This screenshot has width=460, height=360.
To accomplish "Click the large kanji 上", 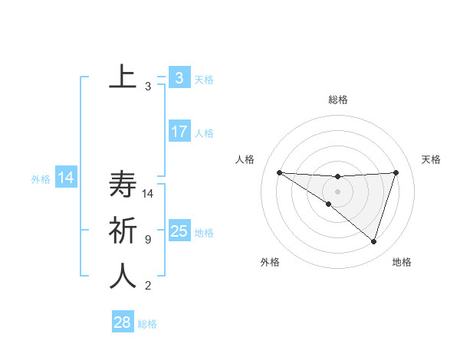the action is coord(123,76).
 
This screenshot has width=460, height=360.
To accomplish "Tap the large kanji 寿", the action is coord(123,185).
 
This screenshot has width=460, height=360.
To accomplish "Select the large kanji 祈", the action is coord(123,231).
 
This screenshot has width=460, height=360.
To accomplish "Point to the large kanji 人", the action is coord(123,277).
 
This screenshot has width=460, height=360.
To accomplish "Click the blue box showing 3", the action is coord(179,78).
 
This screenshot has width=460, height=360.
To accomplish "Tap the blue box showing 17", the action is coord(179,132).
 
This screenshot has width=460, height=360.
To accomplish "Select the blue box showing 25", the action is coord(179,231).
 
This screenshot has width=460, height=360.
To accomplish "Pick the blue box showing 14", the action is coord(65,178).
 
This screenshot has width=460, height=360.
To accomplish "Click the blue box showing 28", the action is coord(122,322).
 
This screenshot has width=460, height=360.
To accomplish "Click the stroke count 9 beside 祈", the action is coord(147,240).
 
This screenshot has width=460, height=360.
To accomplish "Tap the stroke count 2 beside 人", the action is coord(147,286).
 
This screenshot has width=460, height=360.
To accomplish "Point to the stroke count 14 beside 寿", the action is coord(148,194).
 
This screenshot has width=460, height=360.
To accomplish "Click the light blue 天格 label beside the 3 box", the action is coord(204,79).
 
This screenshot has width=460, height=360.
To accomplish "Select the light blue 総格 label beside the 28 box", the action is coord(147,324).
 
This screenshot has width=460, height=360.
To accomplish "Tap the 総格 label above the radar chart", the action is coord(337,100).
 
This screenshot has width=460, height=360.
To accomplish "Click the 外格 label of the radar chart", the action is coord(270,262).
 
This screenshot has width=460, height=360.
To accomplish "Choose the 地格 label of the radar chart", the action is coord(402,262).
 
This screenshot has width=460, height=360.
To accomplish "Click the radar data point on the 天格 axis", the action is coord(396,172).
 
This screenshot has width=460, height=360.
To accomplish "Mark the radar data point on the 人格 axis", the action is coord(279,172).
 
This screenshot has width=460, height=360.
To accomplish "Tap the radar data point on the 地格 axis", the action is coord(373,241).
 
